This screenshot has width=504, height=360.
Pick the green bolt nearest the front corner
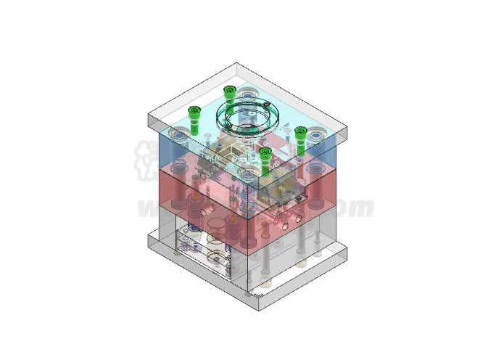(x=265, y=152)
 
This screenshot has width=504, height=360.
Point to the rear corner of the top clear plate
(x=235, y=67)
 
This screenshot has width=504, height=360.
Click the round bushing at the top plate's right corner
(x=317, y=134)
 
